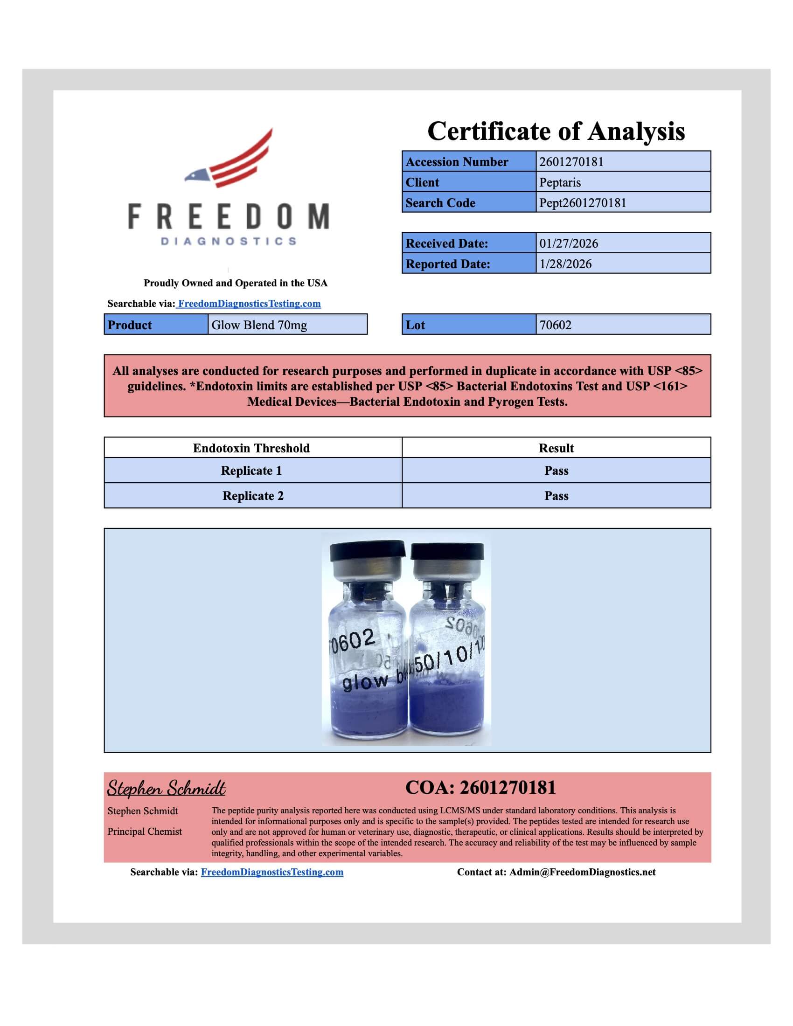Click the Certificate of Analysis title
tap(556, 131)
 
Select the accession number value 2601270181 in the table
tap(571, 162)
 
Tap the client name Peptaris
tap(560, 182)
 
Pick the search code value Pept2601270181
tap(583, 203)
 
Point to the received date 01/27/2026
tap(569, 243)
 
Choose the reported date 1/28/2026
tap(565, 264)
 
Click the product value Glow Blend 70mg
tap(259, 325)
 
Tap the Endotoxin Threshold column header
tap(251, 448)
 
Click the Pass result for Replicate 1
tap(556, 471)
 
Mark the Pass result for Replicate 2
tap(556, 496)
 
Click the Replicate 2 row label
tap(253, 496)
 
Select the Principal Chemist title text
tap(144, 832)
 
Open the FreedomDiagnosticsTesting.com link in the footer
tap(272, 872)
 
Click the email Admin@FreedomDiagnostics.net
tap(583, 872)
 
